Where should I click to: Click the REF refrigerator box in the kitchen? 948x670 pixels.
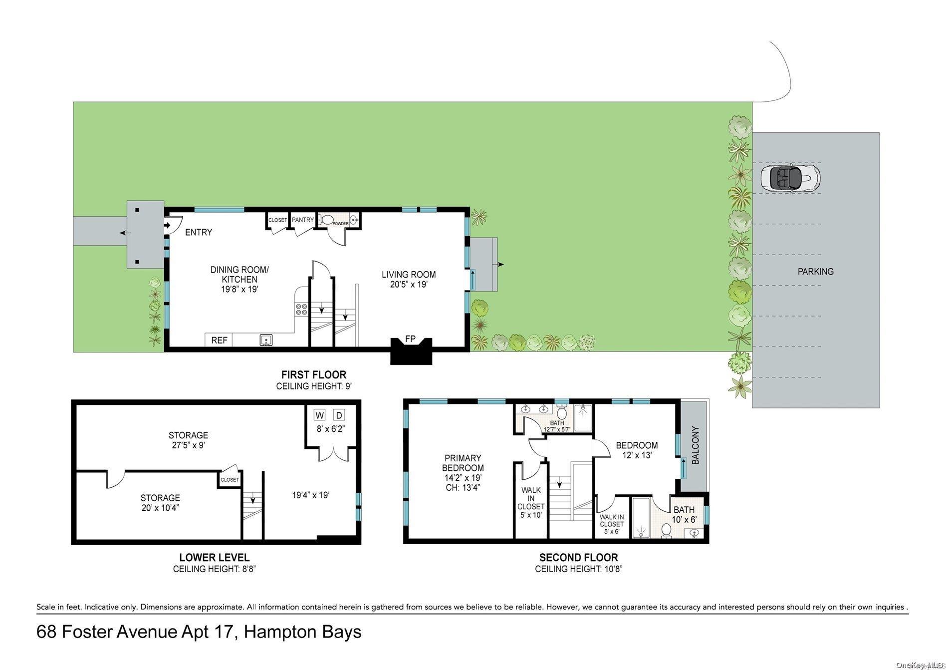[219, 340]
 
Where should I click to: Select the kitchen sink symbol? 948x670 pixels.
[266, 340]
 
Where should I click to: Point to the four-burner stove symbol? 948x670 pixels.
[301, 310]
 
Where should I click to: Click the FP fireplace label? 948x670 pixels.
[410, 339]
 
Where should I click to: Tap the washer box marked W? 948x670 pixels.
[320, 415]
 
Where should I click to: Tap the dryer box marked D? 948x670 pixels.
[339, 415]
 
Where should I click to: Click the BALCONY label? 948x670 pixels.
[696, 445]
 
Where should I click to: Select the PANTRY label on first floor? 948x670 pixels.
[303, 220]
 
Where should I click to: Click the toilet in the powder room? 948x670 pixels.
[327, 220]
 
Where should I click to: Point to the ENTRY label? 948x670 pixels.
[199, 232]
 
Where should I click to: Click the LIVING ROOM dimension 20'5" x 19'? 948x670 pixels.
[409, 285]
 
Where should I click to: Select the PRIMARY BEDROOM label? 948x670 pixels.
[463, 463]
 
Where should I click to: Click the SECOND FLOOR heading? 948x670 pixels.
[578, 558]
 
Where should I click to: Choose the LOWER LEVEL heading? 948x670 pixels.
[214, 558]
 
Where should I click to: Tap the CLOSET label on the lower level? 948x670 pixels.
[230, 479]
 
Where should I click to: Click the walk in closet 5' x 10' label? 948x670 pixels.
[531, 502]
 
